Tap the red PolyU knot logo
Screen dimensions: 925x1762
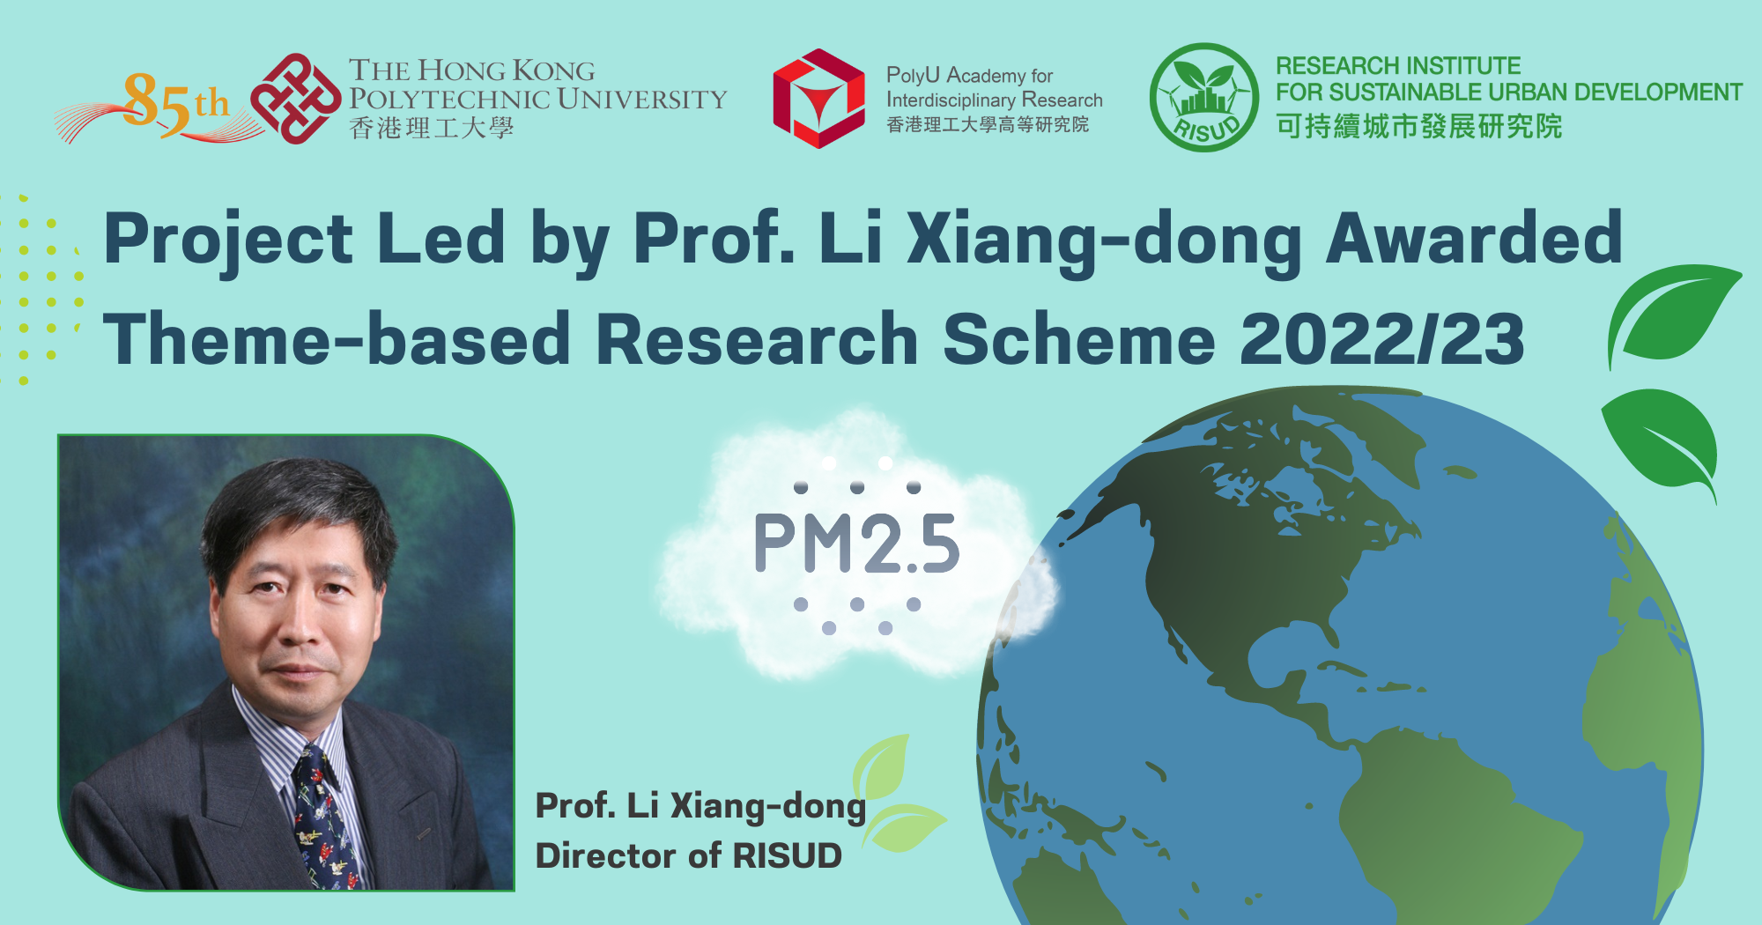coord(295,99)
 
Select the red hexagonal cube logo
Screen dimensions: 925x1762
coord(818,99)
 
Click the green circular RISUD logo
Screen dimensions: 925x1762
coord(1204,98)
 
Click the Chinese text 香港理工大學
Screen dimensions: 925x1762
coord(432,129)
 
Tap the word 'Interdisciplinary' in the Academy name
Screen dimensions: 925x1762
coord(950,100)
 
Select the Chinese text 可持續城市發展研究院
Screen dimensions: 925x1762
coord(1418,127)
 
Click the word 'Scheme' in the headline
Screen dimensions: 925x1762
coord(1078,339)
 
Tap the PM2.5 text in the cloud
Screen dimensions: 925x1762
coord(856,544)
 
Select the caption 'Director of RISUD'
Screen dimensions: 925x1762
coord(688,855)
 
